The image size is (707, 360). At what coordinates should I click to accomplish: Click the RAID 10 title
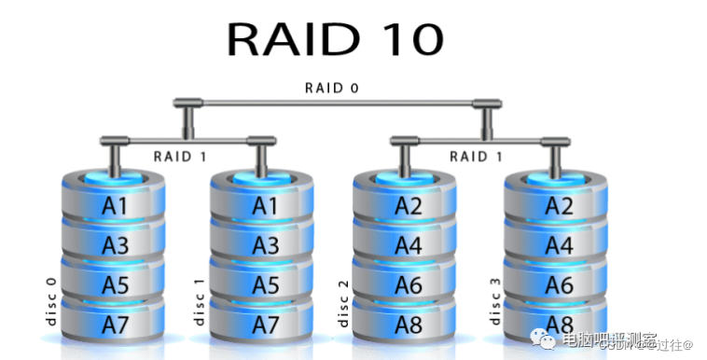tap(335, 39)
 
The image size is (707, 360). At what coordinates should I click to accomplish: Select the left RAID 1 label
tap(180, 156)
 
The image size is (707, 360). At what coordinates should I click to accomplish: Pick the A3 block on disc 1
tap(266, 246)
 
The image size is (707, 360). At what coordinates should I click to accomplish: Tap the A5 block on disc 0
tap(115, 285)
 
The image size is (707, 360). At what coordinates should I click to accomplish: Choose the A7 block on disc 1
tap(266, 325)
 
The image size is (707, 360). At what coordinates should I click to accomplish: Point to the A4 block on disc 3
tap(558, 246)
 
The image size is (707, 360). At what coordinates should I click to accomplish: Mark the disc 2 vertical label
tap(343, 300)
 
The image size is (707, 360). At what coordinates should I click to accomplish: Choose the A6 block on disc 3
tap(558, 285)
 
